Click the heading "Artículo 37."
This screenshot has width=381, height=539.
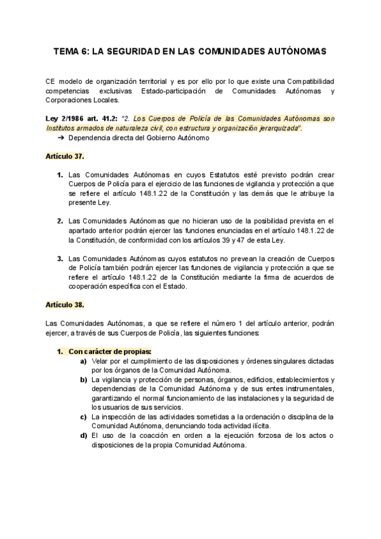pyautogui.click(x=64, y=156)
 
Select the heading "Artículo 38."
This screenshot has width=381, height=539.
pyautogui.click(x=65, y=305)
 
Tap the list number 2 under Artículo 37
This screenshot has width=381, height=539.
pyautogui.click(x=60, y=221)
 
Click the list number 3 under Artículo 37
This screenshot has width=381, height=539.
pyautogui.click(x=60, y=259)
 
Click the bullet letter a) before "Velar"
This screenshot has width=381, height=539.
pyautogui.click(x=84, y=361)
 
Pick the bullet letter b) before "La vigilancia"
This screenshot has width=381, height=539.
pyautogui.click(x=84, y=379)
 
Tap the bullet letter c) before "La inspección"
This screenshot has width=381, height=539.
pyautogui.click(x=84, y=416)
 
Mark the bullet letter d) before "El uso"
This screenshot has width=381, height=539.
pyautogui.click(x=84, y=435)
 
